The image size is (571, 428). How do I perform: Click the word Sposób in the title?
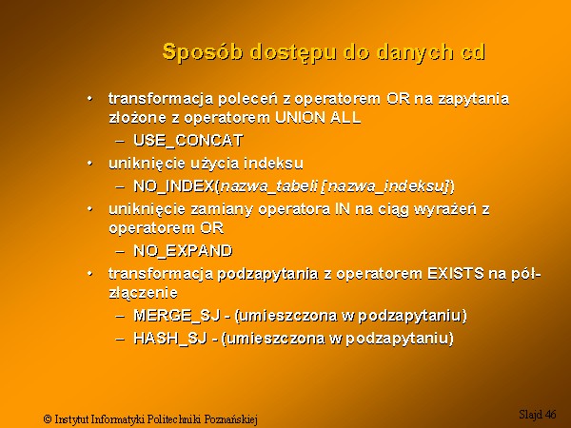203,52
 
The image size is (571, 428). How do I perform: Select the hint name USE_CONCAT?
188,141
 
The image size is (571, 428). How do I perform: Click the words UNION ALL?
318,118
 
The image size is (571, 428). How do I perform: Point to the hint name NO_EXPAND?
183,251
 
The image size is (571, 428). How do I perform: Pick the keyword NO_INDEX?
174,186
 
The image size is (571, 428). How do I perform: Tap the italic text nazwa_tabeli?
269,186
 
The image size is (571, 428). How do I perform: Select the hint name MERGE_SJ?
177,315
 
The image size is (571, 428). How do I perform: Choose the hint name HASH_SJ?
170,339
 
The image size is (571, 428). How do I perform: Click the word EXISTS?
455,273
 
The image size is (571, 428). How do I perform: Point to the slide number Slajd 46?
538,414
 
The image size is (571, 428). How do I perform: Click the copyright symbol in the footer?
48,418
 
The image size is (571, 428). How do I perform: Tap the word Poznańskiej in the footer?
231,419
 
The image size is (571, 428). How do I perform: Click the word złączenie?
143,293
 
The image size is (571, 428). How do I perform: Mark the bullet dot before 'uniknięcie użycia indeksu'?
89,164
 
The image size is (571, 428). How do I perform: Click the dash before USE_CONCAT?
120,141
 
